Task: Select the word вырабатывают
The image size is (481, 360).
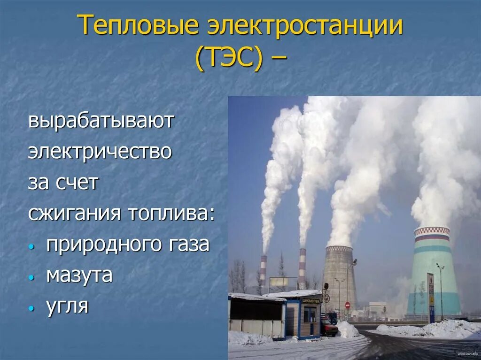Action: (101, 122)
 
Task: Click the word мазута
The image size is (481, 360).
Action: (79, 276)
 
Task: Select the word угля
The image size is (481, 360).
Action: (68, 306)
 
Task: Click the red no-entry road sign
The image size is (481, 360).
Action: (348, 305)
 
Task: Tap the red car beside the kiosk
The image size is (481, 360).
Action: (329, 327)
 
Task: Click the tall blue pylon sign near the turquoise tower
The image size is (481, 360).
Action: (431, 296)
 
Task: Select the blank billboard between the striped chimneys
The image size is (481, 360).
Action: (279, 282)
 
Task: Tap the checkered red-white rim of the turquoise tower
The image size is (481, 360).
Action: (432, 231)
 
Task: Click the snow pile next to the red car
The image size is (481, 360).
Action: (348, 330)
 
